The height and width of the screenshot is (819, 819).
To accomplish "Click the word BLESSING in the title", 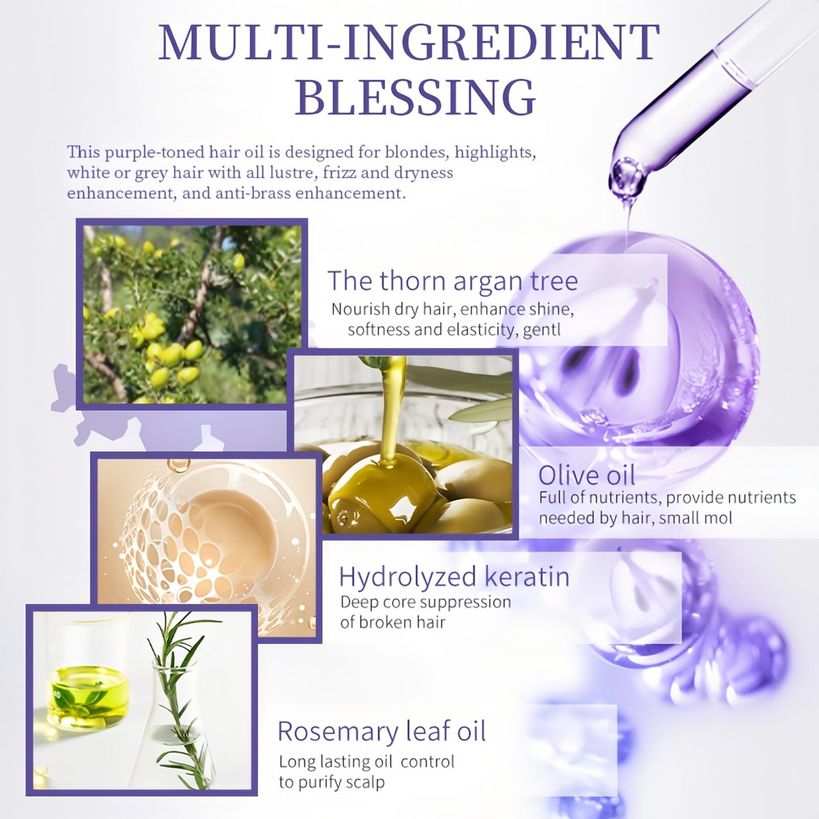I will [x=415, y=97].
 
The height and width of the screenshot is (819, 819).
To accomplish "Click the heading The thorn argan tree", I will [x=452, y=281].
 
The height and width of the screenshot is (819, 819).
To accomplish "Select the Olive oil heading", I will [x=587, y=475].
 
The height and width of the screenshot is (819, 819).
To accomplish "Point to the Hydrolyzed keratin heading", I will [x=454, y=576].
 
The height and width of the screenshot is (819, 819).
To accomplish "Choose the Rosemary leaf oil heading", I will [x=381, y=731].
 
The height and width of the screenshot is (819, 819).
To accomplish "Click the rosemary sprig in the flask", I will [x=176, y=697].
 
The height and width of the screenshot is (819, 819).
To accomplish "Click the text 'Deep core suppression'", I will [x=425, y=602].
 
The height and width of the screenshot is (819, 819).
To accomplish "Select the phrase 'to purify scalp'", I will [x=332, y=783].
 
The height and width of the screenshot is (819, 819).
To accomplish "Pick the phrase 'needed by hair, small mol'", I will [x=635, y=518].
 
